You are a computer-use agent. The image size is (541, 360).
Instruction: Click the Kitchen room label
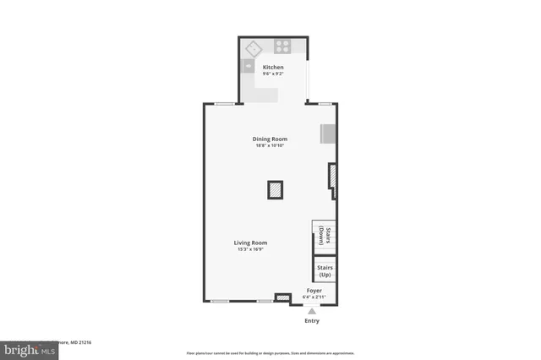[272, 67]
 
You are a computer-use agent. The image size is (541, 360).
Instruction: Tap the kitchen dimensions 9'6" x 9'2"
[272, 74]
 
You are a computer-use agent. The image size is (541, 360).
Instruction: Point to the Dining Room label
[270, 139]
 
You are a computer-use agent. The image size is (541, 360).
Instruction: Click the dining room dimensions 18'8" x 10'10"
[270, 145]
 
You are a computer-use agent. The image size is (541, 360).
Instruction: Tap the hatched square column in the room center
[276, 190]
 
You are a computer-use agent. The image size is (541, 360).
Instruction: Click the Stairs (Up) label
[325, 271]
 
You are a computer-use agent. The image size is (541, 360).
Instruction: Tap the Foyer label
[314, 291]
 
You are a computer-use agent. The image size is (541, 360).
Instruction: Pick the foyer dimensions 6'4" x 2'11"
[314, 297]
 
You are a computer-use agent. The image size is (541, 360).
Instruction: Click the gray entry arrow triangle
[312, 311]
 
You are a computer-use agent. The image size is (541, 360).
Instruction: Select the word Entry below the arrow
[312, 321]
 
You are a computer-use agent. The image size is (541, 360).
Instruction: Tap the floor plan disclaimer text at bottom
[270, 352]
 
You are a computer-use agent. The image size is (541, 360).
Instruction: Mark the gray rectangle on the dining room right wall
[327, 134]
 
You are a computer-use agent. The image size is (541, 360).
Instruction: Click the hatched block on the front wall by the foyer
[283, 297]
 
